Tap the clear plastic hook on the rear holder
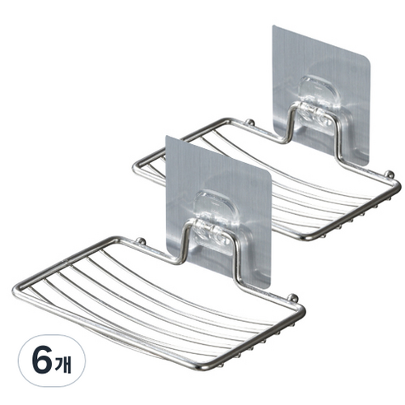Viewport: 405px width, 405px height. tap(319, 105)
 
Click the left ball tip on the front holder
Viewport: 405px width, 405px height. tap(141, 241)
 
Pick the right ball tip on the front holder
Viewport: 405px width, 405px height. tap(293, 297)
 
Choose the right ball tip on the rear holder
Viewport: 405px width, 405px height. tap(389, 174)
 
